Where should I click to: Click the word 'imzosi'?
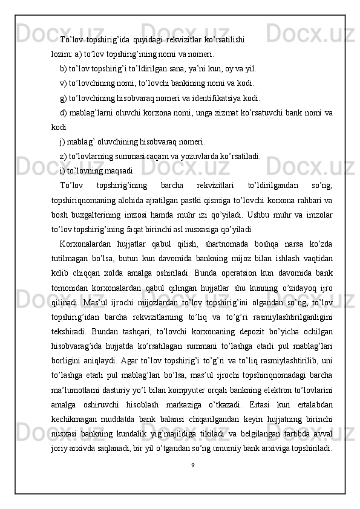point(147,215)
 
